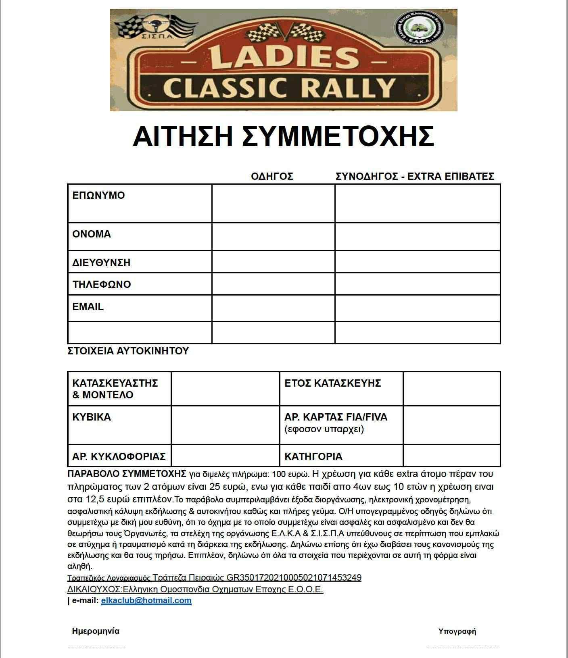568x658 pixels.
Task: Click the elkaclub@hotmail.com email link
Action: coord(146,600)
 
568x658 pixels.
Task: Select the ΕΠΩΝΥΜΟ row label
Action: coord(98,196)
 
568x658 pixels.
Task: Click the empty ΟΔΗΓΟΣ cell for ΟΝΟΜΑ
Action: coord(273,237)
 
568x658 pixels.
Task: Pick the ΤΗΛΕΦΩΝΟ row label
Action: coord(102,284)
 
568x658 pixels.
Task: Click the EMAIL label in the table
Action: coord(88,306)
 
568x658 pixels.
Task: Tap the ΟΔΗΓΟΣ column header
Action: coord(272,176)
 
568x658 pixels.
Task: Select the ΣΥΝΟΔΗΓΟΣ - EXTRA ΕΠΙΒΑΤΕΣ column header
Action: coord(415,176)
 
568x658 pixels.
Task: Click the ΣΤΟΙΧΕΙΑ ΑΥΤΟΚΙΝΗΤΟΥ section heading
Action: coord(128,351)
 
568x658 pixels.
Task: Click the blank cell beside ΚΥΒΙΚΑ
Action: coord(225,425)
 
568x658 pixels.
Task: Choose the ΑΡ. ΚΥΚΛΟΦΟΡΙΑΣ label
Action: coord(119,456)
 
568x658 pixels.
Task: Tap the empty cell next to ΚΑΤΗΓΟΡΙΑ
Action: coord(451,456)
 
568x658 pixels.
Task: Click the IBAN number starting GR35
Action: coord(294,578)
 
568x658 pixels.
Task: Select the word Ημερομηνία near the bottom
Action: coord(96,631)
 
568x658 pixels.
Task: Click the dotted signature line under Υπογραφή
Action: coord(463,648)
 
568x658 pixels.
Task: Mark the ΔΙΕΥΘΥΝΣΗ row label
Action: coord(101,262)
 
